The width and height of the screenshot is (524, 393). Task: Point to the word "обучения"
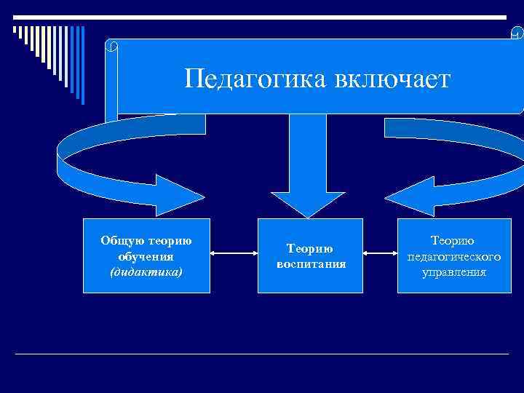[146, 257]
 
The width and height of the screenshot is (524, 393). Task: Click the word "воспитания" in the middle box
[311, 263]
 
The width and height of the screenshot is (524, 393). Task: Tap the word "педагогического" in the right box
[453, 257]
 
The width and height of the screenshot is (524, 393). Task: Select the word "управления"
[453, 272]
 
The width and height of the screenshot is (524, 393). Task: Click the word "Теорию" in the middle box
[311, 248]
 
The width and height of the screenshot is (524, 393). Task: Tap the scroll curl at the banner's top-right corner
[517, 33]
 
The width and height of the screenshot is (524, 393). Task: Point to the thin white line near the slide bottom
[262, 354]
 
